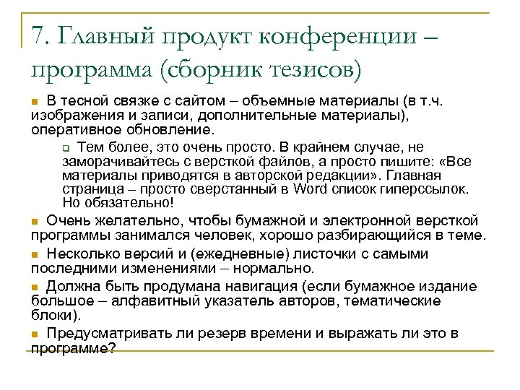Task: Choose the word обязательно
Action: pyautogui.click(x=121, y=202)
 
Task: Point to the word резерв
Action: pyautogui.click(x=214, y=333)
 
